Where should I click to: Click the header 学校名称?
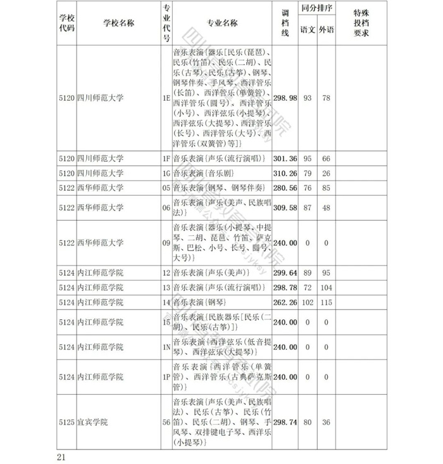[x=118, y=23]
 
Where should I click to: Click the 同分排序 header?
[x=317, y=11]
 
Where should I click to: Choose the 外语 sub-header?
[x=326, y=30]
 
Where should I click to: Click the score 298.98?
[x=285, y=98]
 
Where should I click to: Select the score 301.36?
[x=285, y=158]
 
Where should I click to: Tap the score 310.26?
[x=285, y=173]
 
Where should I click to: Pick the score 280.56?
[x=285, y=188]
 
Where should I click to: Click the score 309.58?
[x=285, y=208]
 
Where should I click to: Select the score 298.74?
[x=285, y=422]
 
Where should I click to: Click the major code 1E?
[x=166, y=98]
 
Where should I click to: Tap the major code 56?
[x=166, y=422]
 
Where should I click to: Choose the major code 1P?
[x=166, y=377]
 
